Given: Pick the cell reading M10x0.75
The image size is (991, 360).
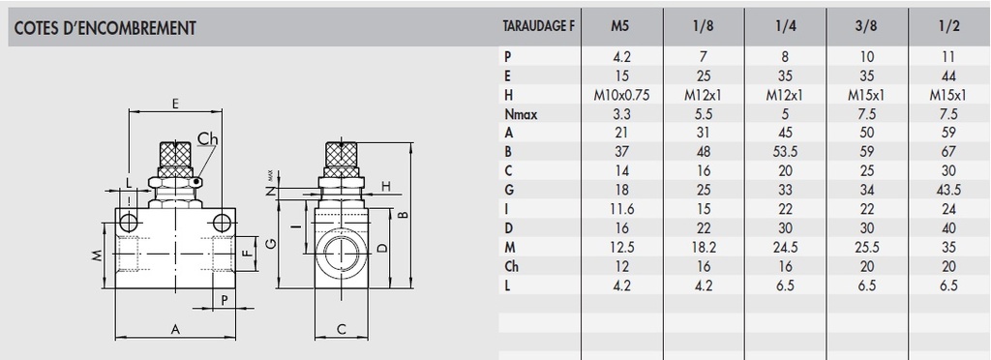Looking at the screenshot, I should [x=622, y=96].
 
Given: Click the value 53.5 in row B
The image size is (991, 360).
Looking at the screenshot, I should [x=785, y=151].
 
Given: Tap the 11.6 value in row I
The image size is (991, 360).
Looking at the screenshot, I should [x=622, y=206].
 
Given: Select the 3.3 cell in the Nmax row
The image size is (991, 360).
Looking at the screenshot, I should [x=622, y=114].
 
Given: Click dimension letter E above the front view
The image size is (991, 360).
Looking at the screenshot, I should [x=175, y=103].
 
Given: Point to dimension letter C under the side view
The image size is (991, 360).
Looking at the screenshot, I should [x=343, y=330].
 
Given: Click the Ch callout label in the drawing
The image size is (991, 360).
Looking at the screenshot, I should [x=207, y=139].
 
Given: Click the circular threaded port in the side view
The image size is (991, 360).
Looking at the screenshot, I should [x=343, y=254].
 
